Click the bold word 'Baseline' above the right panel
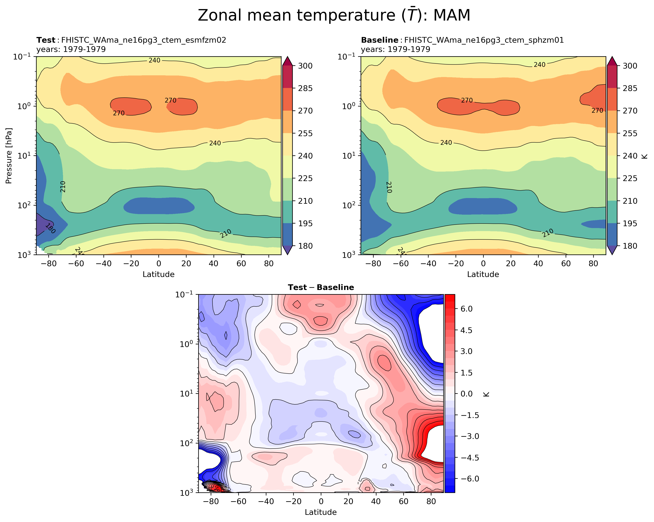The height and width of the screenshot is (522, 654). pos(379,40)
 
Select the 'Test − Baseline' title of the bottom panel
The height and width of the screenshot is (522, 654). pos(321,288)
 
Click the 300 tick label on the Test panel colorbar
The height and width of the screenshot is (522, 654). pos(305,66)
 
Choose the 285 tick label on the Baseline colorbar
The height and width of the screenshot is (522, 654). pos(630,88)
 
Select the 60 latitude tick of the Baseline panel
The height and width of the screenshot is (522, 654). pos(566,263)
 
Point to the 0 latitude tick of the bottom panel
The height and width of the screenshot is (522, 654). pos(321,501)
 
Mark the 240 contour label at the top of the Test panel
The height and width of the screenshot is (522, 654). pos(154,60)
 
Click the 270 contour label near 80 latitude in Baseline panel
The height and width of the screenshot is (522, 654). pos(597,110)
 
